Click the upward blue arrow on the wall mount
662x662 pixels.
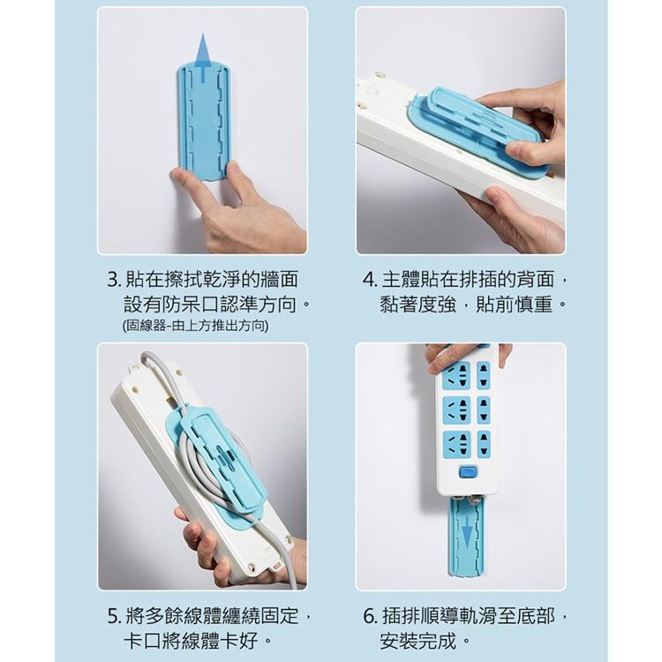pyautogui.click(x=203, y=56)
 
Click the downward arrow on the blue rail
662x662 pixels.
pyautogui.click(x=466, y=533)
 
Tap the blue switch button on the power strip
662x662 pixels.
pyautogui.click(x=468, y=471)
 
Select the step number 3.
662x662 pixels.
pyautogui.click(x=112, y=281)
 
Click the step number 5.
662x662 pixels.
pyautogui.click(x=112, y=615)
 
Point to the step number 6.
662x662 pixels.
pyautogui.click(x=370, y=615)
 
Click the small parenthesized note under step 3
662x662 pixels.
pyautogui.click(x=195, y=326)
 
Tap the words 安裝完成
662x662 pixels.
pyautogui.click(x=424, y=640)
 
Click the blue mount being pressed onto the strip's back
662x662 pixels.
pyautogui.click(x=477, y=128)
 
